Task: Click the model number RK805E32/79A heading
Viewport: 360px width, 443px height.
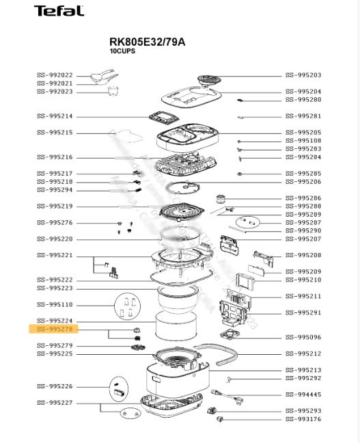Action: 147,42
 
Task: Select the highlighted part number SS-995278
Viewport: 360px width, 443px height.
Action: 55,330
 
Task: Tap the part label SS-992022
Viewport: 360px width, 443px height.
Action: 55,75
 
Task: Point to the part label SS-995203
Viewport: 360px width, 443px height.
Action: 303,75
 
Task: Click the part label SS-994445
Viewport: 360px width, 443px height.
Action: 303,394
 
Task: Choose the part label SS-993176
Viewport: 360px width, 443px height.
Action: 303,419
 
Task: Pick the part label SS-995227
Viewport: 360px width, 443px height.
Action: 55,403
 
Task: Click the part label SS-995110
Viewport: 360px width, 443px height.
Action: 55,305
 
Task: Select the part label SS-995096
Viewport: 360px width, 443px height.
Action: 303,337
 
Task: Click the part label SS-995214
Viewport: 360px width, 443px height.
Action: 55,116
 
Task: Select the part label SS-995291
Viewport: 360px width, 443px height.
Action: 303,312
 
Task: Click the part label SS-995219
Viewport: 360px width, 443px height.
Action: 55,206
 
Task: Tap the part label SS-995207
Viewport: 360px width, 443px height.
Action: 303,239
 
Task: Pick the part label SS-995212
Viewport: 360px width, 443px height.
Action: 303,353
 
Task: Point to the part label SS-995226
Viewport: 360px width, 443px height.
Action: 55,386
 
